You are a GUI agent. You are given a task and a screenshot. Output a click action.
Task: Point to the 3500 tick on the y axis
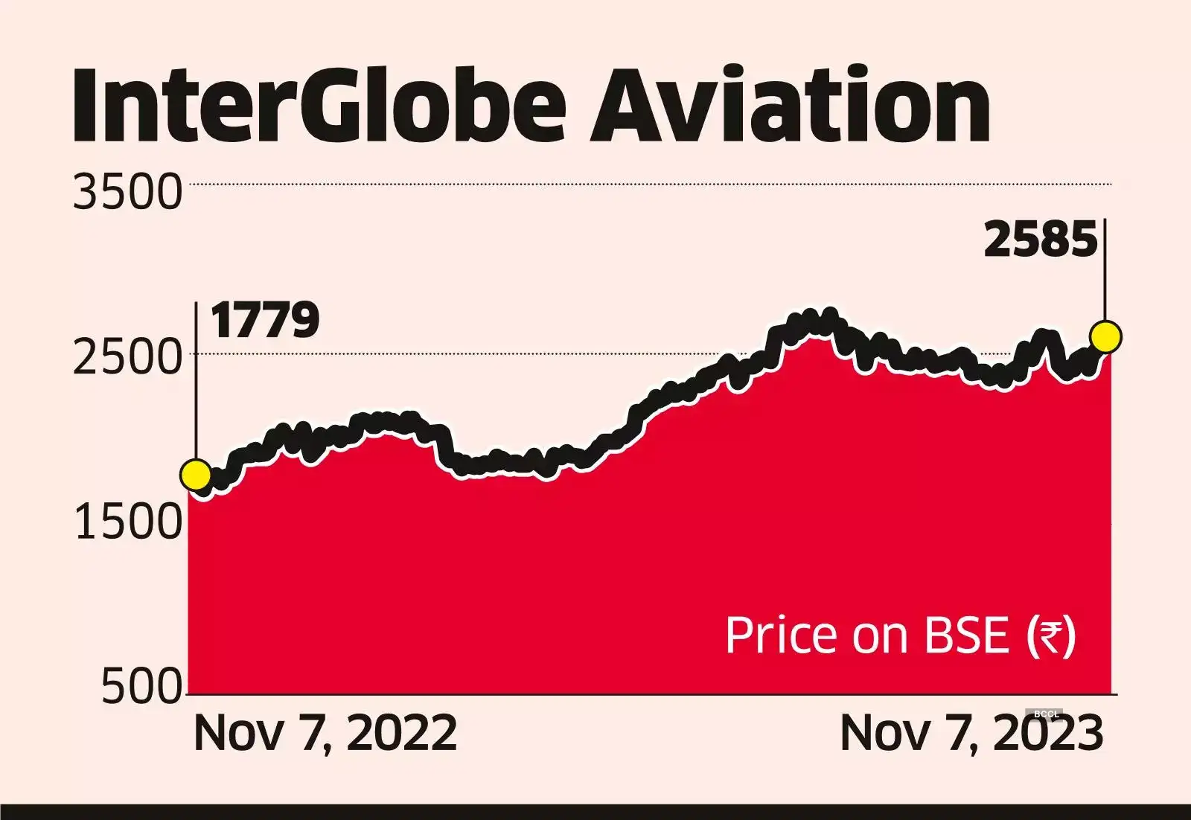point(127,192)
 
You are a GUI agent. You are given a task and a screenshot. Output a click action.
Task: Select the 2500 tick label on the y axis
point(127,358)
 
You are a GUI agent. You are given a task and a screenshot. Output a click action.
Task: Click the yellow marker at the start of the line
point(196,475)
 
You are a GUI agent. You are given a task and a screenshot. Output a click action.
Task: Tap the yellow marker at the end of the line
point(1105,336)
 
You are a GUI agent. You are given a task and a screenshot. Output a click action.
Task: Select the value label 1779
point(265,321)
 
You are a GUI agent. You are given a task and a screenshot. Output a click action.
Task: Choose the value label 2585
point(1041,240)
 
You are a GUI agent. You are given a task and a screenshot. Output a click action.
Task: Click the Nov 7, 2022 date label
point(325,733)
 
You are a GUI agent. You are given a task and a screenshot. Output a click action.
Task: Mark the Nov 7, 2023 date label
point(971,733)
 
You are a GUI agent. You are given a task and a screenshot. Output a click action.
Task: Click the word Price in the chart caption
point(782,636)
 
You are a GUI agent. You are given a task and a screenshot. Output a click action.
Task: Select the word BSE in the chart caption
point(966,636)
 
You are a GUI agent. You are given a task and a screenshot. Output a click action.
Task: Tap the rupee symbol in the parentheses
point(1050,638)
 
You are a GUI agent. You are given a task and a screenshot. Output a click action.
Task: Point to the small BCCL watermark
point(1047,714)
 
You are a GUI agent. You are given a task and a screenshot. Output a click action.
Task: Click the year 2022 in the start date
point(402,733)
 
